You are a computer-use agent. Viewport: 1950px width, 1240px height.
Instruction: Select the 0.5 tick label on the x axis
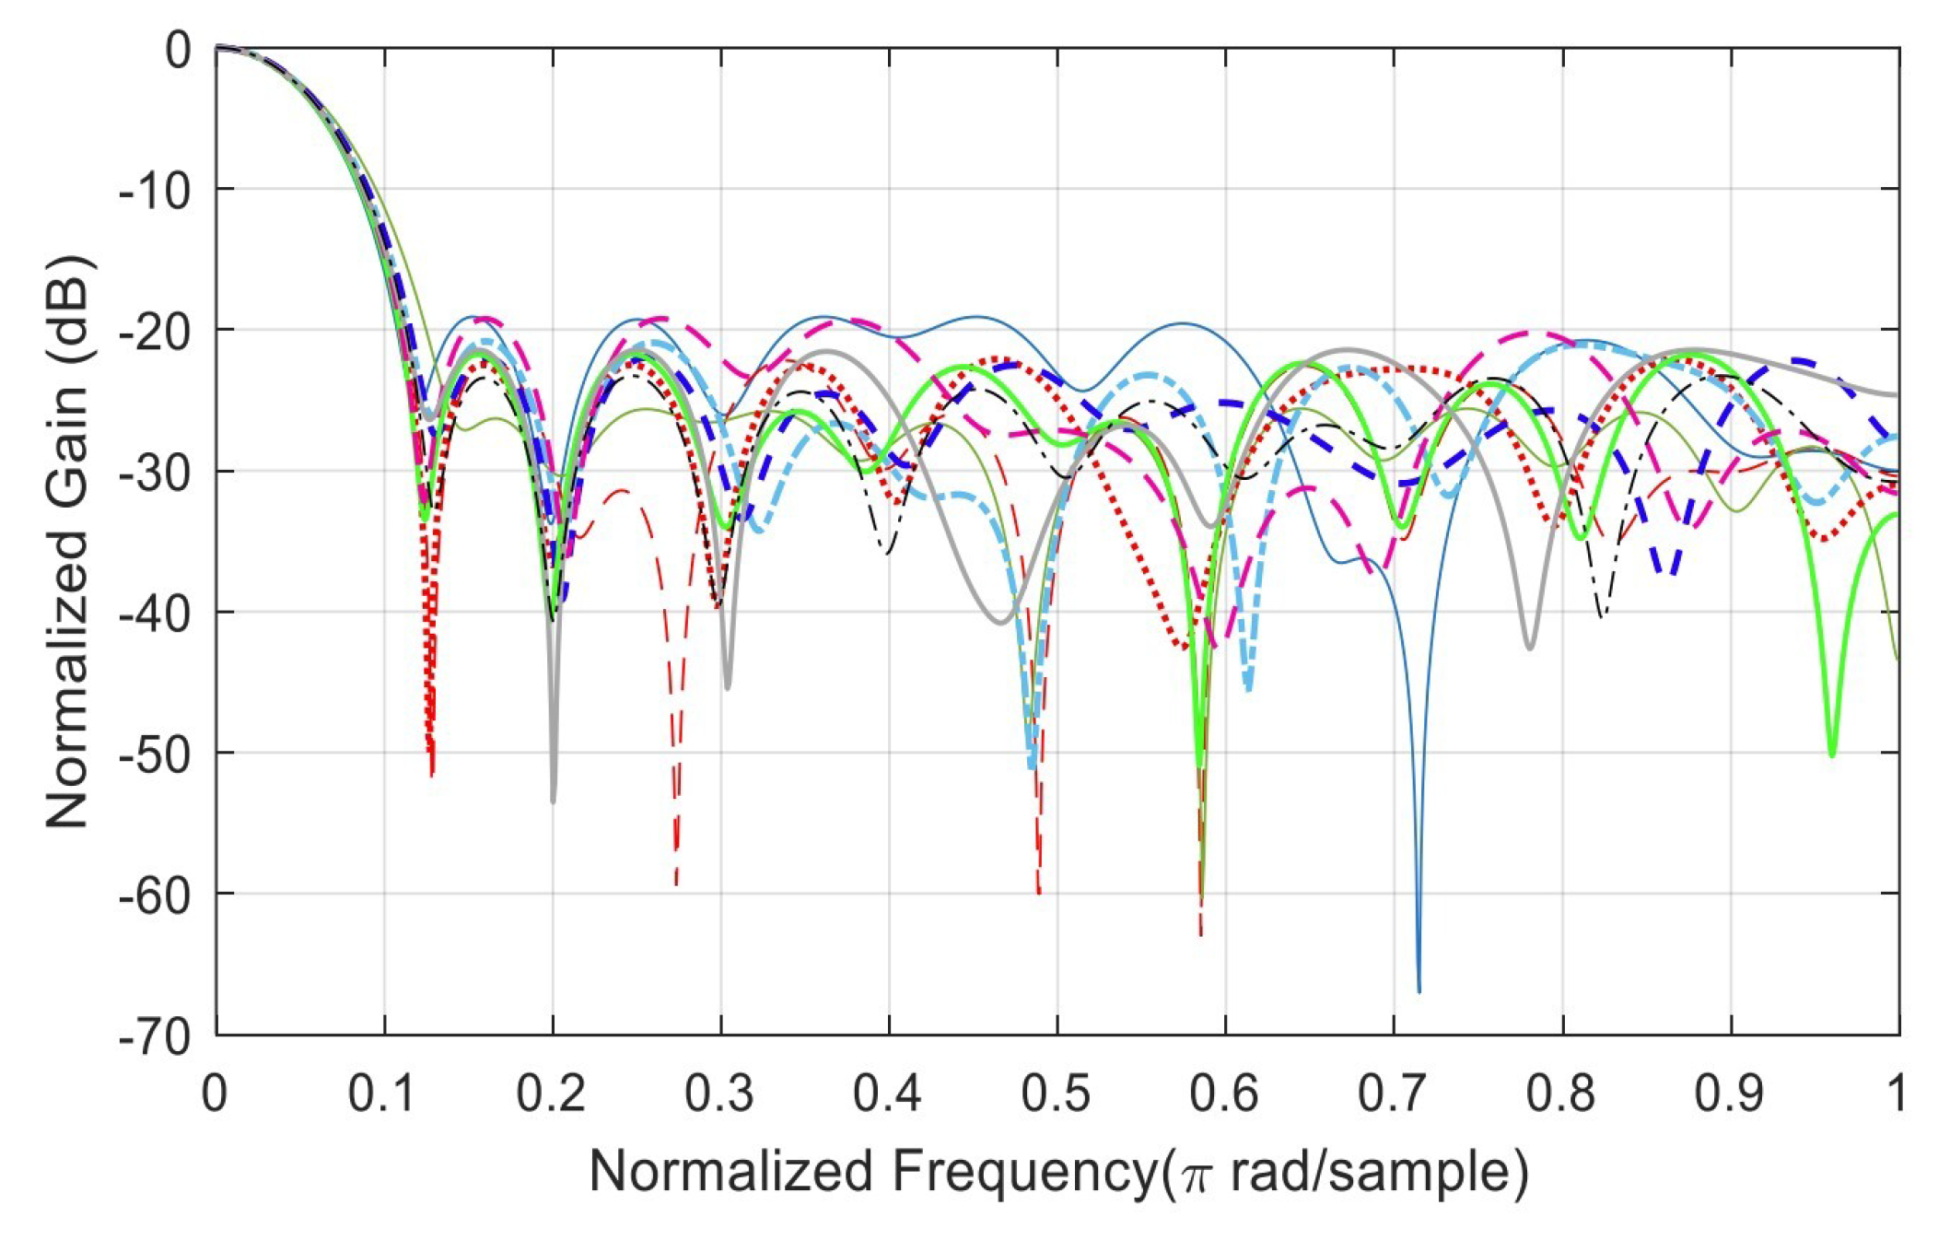coord(1057,1094)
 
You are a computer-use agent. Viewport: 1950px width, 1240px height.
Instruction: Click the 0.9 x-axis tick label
coord(1731,1094)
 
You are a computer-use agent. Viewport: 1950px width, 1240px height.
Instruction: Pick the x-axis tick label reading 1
coord(1896,1094)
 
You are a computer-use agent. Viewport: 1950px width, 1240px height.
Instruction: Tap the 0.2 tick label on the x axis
coord(552,1094)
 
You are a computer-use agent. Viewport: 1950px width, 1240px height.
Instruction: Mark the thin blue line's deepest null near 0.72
coord(1419,989)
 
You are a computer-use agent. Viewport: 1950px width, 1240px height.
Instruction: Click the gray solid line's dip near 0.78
coord(1530,648)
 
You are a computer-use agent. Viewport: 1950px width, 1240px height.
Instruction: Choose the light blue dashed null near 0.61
coord(1248,687)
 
